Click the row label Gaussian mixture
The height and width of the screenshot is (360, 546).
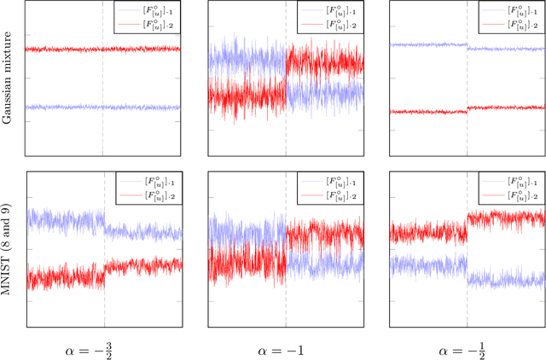pos(8,80)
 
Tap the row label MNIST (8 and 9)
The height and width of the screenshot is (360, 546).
pos(8,251)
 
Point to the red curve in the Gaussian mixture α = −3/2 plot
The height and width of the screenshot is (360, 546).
pos(60,49)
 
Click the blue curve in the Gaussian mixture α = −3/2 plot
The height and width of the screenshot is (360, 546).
pos(60,107)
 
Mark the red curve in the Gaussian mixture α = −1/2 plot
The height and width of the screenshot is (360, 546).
pos(427,111)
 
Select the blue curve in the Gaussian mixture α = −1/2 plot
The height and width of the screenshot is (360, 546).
pos(427,44)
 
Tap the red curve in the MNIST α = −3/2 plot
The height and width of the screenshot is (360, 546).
pos(60,276)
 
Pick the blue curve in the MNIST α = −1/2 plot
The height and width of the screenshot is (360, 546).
pos(427,264)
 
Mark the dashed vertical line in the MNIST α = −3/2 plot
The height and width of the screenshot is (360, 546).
pos(104,307)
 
